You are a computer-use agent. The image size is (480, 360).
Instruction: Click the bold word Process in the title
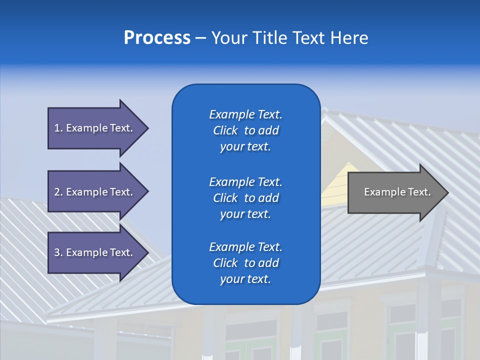coord(157,38)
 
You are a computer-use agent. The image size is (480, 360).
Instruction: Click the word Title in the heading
coord(269,38)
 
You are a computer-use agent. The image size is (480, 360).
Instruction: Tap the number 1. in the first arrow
coord(58,128)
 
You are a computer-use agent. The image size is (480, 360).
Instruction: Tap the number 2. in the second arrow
coord(58,192)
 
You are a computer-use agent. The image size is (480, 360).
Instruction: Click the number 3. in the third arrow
coord(58,252)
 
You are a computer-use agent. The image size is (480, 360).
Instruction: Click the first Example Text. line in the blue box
coord(245,114)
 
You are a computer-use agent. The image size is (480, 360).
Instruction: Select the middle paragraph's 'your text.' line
coord(245,214)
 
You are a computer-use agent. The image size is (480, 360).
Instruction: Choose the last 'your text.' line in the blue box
coord(245,279)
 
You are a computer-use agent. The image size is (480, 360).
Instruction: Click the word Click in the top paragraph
coord(225,130)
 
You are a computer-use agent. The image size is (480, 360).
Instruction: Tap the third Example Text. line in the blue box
coord(245,247)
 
